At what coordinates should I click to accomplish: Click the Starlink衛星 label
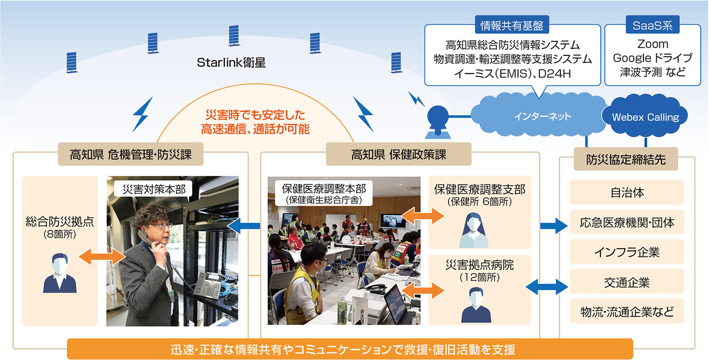pos(231,63)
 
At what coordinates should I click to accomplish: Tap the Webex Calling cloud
pos(645,117)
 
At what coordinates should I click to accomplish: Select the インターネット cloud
pos(542,117)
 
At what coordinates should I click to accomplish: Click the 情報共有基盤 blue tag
pos(512,26)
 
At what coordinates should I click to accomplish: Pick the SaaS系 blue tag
pos(652,26)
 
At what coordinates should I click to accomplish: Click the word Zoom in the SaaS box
pos(652,44)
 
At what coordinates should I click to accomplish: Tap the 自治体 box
pos(627,192)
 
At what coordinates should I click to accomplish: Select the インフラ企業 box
pos(627,252)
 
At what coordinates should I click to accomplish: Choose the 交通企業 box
pos(627,282)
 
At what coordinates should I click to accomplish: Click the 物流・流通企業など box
pos(627,312)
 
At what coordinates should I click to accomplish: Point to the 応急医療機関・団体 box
pos(627,222)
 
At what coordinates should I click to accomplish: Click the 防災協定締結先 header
pos(626,159)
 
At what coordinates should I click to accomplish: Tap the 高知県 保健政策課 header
pos(398,154)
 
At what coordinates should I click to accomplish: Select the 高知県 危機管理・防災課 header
pos(130,154)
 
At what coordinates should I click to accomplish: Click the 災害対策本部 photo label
pos(154,189)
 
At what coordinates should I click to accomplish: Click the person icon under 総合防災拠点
pos(59,273)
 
